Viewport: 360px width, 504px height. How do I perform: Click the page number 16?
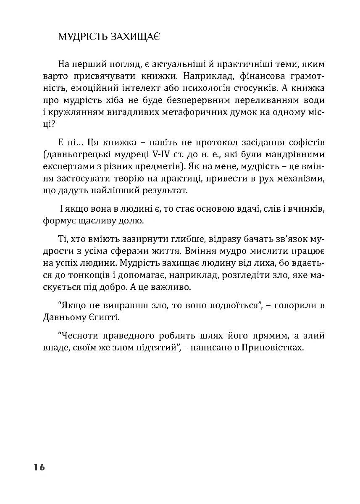pyautogui.click(x=37, y=467)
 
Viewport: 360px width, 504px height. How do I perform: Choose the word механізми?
pyautogui.click(x=299, y=179)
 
